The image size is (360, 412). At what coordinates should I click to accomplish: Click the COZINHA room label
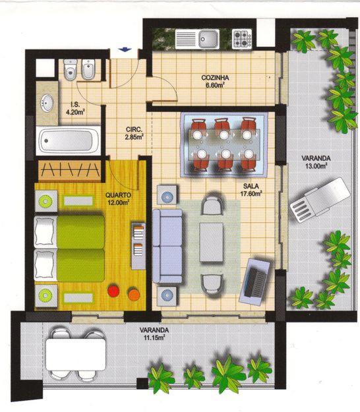[215, 78]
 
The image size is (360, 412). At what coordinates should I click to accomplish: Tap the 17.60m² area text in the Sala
[251, 194]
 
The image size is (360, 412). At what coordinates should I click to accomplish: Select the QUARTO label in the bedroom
[118, 195]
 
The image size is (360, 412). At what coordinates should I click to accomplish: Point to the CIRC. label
[134, 129]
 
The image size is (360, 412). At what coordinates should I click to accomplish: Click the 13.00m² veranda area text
[316, 165]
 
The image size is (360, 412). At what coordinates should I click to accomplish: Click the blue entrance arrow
[125, 49]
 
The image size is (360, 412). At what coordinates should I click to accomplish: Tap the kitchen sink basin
[208, 39]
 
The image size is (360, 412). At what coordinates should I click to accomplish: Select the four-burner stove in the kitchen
[242, 39]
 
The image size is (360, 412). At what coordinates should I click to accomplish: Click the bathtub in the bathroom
[69, 141]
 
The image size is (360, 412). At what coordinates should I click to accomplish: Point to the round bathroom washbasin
[47, 103]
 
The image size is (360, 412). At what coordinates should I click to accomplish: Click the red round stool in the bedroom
[113, 291]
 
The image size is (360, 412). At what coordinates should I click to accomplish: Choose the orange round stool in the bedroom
[134, 294]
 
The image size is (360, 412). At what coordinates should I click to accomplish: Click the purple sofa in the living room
[167, 246]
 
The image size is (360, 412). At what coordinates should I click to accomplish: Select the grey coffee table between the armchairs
[212, 242]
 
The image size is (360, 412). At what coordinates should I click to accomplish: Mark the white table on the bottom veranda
[76, 354]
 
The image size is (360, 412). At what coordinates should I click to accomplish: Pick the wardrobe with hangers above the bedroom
[70, 171]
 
